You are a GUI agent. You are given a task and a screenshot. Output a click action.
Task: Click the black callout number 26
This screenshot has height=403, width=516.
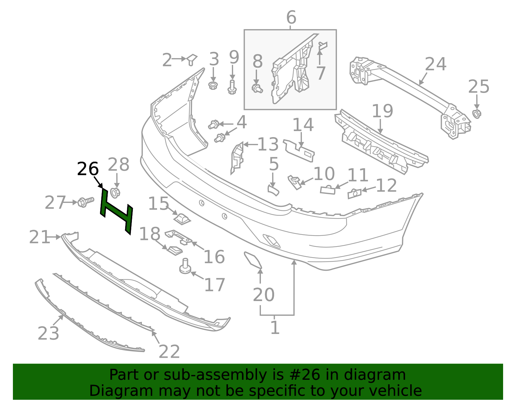(x=88, y=169)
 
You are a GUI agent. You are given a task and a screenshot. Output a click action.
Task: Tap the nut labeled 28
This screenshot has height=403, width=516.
(x=115, y=193)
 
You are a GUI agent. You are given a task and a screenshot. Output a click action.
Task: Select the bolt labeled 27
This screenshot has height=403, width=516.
(x=85, y=202)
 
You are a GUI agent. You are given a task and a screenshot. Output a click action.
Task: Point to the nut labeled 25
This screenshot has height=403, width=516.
(x=477, y=114)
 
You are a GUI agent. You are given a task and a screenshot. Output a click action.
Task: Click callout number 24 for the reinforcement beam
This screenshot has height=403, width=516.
(x=435, y=64)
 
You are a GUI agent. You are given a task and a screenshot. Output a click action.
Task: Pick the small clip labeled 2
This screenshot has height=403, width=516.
(x=192, y=60)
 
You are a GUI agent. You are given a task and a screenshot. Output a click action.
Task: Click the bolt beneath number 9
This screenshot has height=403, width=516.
(x=232, y=87)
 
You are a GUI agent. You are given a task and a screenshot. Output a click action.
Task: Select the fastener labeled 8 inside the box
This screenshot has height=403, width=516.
(x=257, y=89)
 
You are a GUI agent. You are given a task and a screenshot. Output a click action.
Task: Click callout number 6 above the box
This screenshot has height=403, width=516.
(x=291, y=17)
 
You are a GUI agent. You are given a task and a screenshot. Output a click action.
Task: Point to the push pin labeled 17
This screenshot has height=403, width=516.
(x=185, y=266)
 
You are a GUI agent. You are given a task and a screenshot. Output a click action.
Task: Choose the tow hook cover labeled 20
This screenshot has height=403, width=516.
(x=253, y=260)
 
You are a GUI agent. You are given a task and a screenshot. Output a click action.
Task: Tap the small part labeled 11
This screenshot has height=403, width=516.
(x=328, y=189)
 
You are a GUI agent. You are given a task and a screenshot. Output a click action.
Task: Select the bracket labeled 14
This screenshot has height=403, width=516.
(x=299, y=151)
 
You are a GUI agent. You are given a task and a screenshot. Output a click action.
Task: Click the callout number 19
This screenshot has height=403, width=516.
(x=382, y=111)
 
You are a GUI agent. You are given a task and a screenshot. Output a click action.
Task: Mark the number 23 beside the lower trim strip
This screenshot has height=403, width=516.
(x=48, y=333)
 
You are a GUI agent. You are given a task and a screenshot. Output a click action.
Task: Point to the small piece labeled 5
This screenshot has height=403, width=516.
(x=273, y=190)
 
